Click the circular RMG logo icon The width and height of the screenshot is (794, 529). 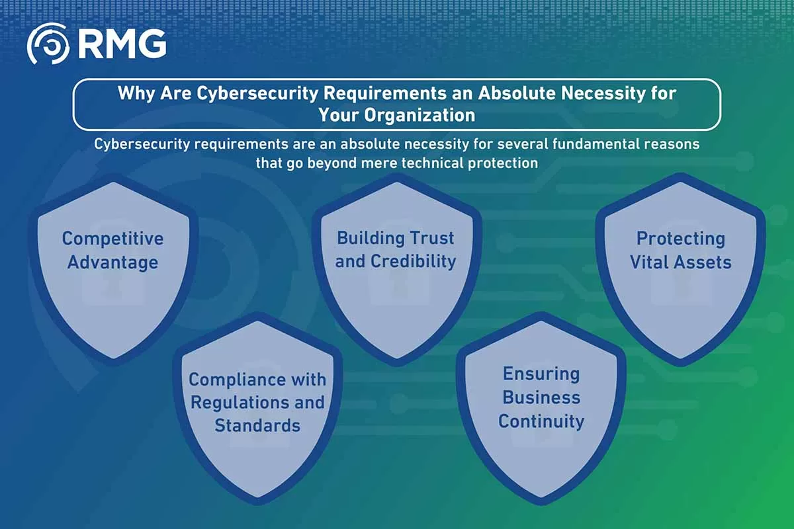click(48, 44)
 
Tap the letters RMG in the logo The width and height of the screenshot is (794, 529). click(122, 44)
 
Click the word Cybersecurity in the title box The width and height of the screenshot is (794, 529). click(257, 93)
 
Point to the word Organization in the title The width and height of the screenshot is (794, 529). click(419, 116)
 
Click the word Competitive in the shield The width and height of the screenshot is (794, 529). click(112, 239)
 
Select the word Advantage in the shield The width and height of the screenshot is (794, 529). click(112, 263)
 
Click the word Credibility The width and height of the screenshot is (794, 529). click(414, 261)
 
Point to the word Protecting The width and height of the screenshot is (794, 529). click(681, 239)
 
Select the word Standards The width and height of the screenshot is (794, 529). click(257, 426)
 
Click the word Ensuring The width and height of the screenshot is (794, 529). click(541, 374)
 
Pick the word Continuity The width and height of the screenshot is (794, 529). click(541, 422)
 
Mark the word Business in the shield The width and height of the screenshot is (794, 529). click(541, 397)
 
